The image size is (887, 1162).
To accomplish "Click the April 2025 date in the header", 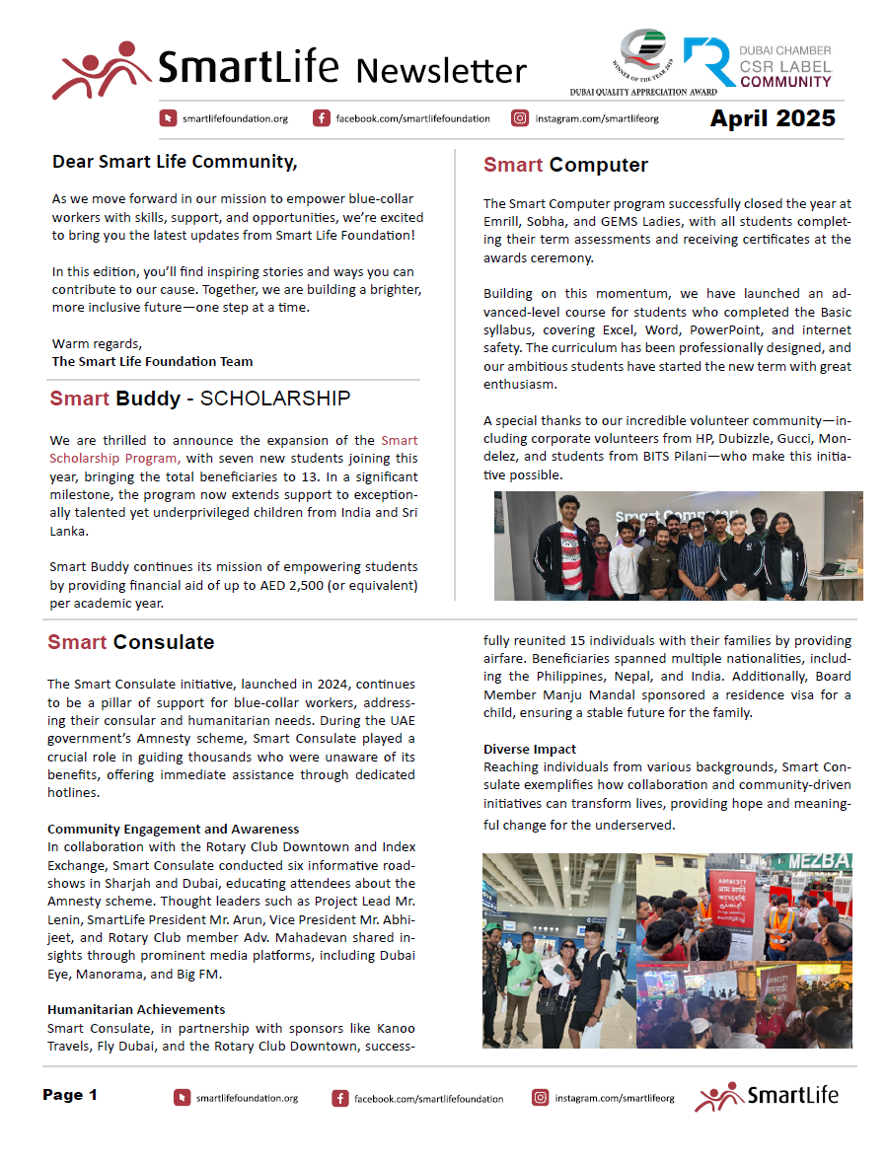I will (x=773, y=118).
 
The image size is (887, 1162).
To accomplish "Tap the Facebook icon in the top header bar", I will (x=322, y=118).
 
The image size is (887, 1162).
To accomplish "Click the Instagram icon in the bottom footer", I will (x=541, y=1097).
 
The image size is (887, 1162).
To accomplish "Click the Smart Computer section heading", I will (x=565, y=165).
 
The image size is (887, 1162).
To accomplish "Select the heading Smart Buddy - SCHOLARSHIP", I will (x=200, y=399).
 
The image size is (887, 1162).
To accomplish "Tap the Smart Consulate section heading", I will (x=131, y=642).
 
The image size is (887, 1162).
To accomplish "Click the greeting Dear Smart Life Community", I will (x=175, y=161).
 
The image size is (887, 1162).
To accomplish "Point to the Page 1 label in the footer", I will (x=70, y=1095).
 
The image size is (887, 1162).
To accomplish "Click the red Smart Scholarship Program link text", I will (x=234, y=449).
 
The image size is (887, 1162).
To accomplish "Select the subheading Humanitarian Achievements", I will (x=136, y=1009).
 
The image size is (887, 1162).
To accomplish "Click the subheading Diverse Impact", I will (x=530, y=749).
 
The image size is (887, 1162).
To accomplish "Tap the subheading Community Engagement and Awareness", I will (x=173, y=829).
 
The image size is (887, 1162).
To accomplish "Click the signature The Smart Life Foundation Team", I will (x=152, y=361).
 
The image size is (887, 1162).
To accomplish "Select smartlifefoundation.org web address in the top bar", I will (x=235, y=118).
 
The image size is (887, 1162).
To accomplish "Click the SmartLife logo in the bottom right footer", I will (x=766, y=1096).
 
